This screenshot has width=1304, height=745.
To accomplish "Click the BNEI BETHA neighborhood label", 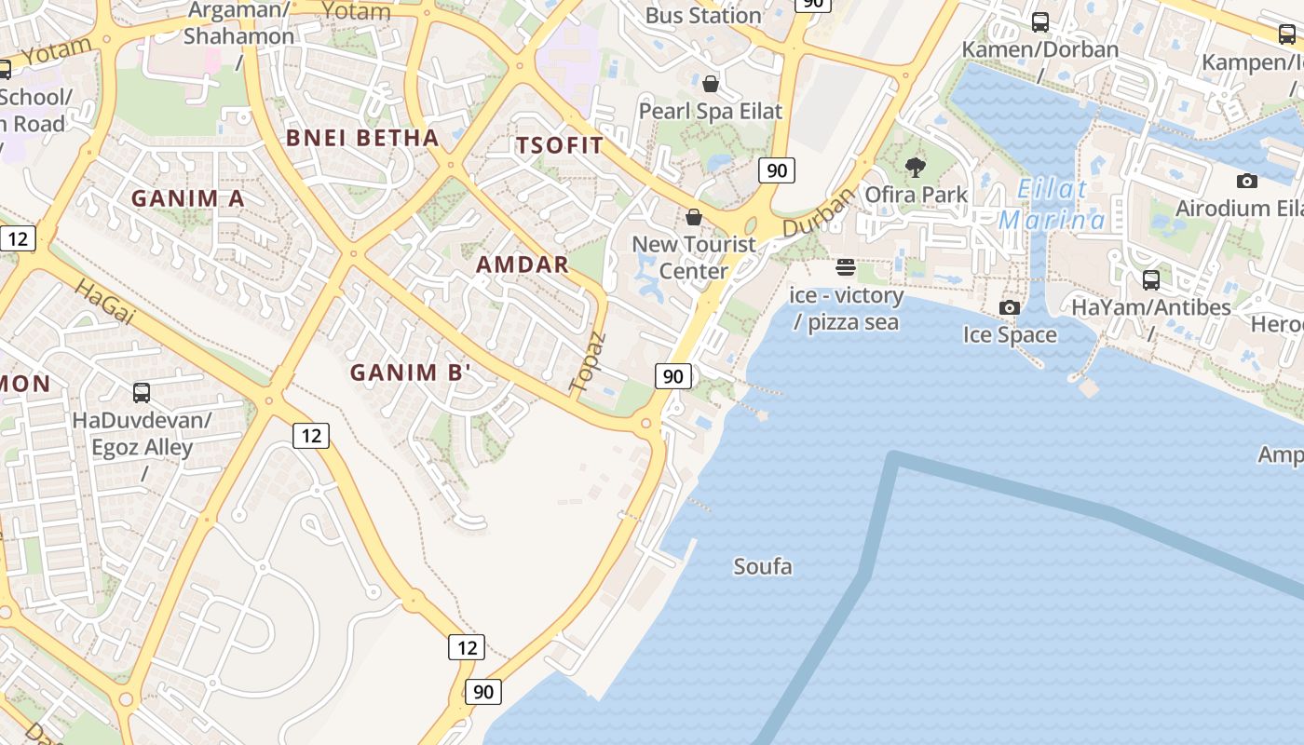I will pyautogui.click(x=362, y=138).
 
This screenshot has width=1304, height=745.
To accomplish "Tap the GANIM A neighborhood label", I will pyautogui.click(x=187, y=198).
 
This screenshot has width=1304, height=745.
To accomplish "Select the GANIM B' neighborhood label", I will pyautogui.click(x=411, y=372).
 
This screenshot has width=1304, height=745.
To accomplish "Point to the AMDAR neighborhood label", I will pyautogui.click(x=523, y=264).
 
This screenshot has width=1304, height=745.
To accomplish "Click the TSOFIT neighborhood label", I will pyautogui.click(x=560, y=145).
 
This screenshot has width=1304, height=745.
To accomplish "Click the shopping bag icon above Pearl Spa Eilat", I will pyautogui.click(x=711, y=84).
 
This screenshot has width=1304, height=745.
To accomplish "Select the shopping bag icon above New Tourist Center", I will pyautogui.click(x=694, y=217).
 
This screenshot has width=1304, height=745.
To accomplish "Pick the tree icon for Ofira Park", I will pyautogui.click(x=916, y=168).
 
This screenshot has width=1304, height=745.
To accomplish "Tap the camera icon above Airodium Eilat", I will pyautogui.click(x=1247, y=181).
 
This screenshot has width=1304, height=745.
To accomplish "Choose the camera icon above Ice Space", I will pyautogui.click(x=1009, y=307).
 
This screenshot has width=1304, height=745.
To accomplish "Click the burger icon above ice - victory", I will pyautogui.click(x=846, y=268).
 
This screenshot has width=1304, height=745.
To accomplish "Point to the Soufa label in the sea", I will pyautogui.click(x=763, y=566).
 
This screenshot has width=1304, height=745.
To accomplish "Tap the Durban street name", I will pyautogui.click(x=818, y=213).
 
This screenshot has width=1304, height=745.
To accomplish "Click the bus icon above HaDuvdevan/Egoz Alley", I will pyautogui.click(x=142, y=392).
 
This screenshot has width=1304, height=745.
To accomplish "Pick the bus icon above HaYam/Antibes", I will pyautogui.click(x=1151, y=279).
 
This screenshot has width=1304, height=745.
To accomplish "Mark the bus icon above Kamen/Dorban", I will pyautogui.click(x=1040, y=22).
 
